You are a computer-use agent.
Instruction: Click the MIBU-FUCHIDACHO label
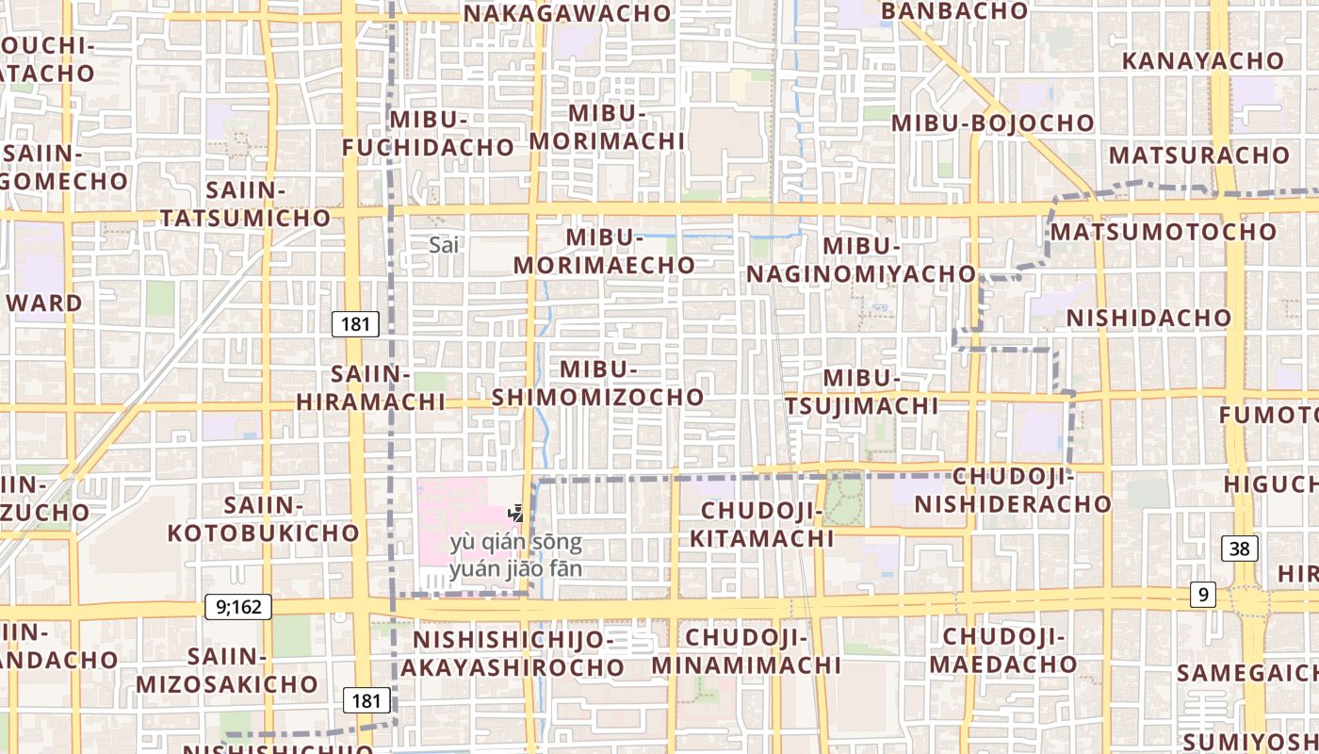[x=428, y=133]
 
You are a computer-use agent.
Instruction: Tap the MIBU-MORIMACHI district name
[x=608, y=126]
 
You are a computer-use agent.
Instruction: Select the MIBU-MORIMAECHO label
[x=604, y=252]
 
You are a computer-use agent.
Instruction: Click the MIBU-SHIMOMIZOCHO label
[x=598, y=384]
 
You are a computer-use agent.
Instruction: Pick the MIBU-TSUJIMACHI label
[x=862, y=391]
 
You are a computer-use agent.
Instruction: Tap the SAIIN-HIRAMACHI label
[x=370, y=388]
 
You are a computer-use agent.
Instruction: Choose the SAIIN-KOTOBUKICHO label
[x=264, y=519]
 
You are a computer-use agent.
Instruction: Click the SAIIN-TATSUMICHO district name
[x=245, y=204]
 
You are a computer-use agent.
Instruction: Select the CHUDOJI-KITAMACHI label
[x=762, y=525]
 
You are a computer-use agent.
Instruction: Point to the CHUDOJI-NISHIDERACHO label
[x=1013, y=490]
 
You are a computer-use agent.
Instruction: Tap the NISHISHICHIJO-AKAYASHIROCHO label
[x=513, y=653]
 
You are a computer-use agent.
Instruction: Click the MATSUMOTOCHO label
[x=1164, y=232]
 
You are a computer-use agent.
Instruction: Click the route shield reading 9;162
[x=238, y=607]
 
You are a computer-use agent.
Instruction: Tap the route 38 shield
[x=1240, y=549]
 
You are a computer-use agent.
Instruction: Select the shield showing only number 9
[x=1201, y=595]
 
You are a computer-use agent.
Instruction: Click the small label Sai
[x=444, y=245]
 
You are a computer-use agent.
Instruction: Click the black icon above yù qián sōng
[x=515, y=514]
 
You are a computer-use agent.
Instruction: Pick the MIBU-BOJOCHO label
[x=992, y=123]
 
